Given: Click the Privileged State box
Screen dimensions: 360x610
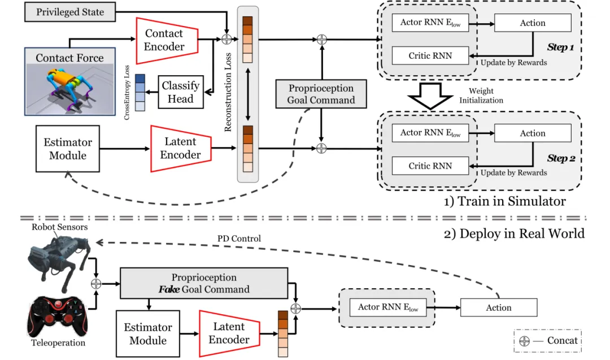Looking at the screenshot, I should (70, 12).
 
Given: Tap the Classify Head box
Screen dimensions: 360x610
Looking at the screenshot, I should (180, 92).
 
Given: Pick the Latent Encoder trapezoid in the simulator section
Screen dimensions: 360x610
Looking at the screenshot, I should (180, 148).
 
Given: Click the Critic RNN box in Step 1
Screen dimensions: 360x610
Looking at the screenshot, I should (430, 55).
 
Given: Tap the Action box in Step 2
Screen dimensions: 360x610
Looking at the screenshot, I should (532, 133).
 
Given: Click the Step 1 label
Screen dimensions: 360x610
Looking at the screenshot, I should (560, 47).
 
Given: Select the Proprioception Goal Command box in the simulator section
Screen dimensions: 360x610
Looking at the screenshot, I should (321, 94).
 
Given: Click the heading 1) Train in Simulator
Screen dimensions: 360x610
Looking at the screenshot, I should (504, 201).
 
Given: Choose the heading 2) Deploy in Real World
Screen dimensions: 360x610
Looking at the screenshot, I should (513, 233).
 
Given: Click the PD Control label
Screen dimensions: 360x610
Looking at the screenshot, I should (239, 238).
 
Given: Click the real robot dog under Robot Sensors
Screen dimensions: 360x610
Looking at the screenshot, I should (58, 257).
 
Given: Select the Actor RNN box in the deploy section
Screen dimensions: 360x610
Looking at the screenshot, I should (387, 307).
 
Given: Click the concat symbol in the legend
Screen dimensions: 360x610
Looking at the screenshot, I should (524, 341).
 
